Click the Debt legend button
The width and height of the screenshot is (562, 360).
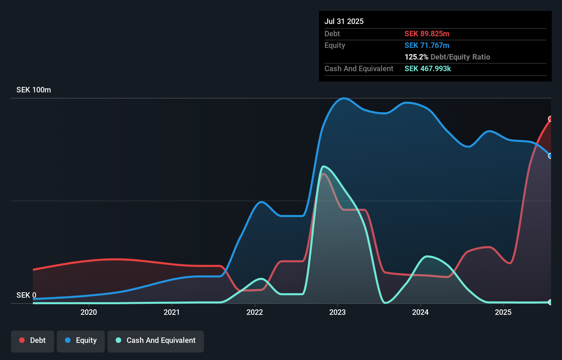[33, 340]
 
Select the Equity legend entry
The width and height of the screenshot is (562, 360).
[81, 340]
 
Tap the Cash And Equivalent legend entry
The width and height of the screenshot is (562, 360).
[156, 340]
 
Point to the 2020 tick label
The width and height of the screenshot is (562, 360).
[89, 312]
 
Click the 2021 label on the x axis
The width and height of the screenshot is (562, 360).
[171, 312]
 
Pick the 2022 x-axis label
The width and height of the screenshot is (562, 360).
[255, 312]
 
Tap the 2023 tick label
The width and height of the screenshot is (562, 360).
[337, 312]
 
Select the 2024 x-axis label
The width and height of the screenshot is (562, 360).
[420, 312]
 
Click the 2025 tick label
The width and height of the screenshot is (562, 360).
[503, 312]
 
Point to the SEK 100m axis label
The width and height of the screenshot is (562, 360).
[34, 90]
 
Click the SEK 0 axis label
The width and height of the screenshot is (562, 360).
[26, 295]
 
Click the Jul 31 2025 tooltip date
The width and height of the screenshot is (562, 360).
[344, 21]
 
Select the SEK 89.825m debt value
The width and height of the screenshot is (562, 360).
[427, 34]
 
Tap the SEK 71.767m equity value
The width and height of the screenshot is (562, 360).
[427, 45]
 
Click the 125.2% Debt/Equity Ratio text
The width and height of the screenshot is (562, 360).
[447, 57]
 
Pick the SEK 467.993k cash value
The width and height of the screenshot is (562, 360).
[427, 68]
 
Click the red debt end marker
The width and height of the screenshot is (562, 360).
[550, 119]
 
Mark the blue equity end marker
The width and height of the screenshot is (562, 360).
[550, 156]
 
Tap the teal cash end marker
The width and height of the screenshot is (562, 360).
[550, 302]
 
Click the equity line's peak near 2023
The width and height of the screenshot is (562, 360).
[344, 98]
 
